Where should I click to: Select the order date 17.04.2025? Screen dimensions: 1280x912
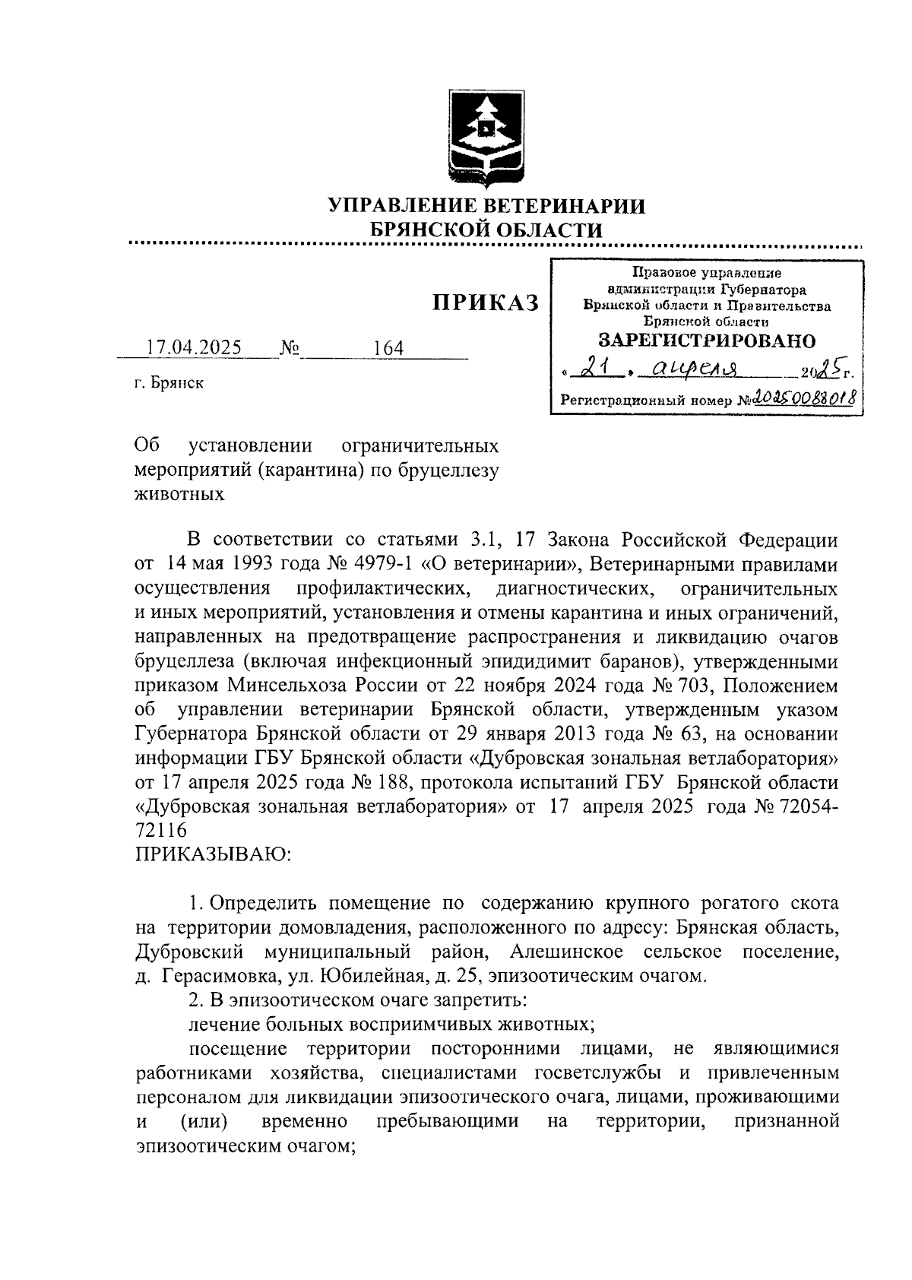click(x=194, y=348)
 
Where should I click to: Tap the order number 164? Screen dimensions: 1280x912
click(x=388, y=349)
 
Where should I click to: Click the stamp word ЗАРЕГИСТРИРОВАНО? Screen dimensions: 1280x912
click(x=707, y=340)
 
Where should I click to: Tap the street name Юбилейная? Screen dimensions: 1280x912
click(x=387, y=976)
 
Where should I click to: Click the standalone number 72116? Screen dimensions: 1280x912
click(x=161, y=831)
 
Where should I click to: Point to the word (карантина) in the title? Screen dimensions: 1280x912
click(x=312, y=469)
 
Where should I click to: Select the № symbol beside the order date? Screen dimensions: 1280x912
click(x=290, y=349)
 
